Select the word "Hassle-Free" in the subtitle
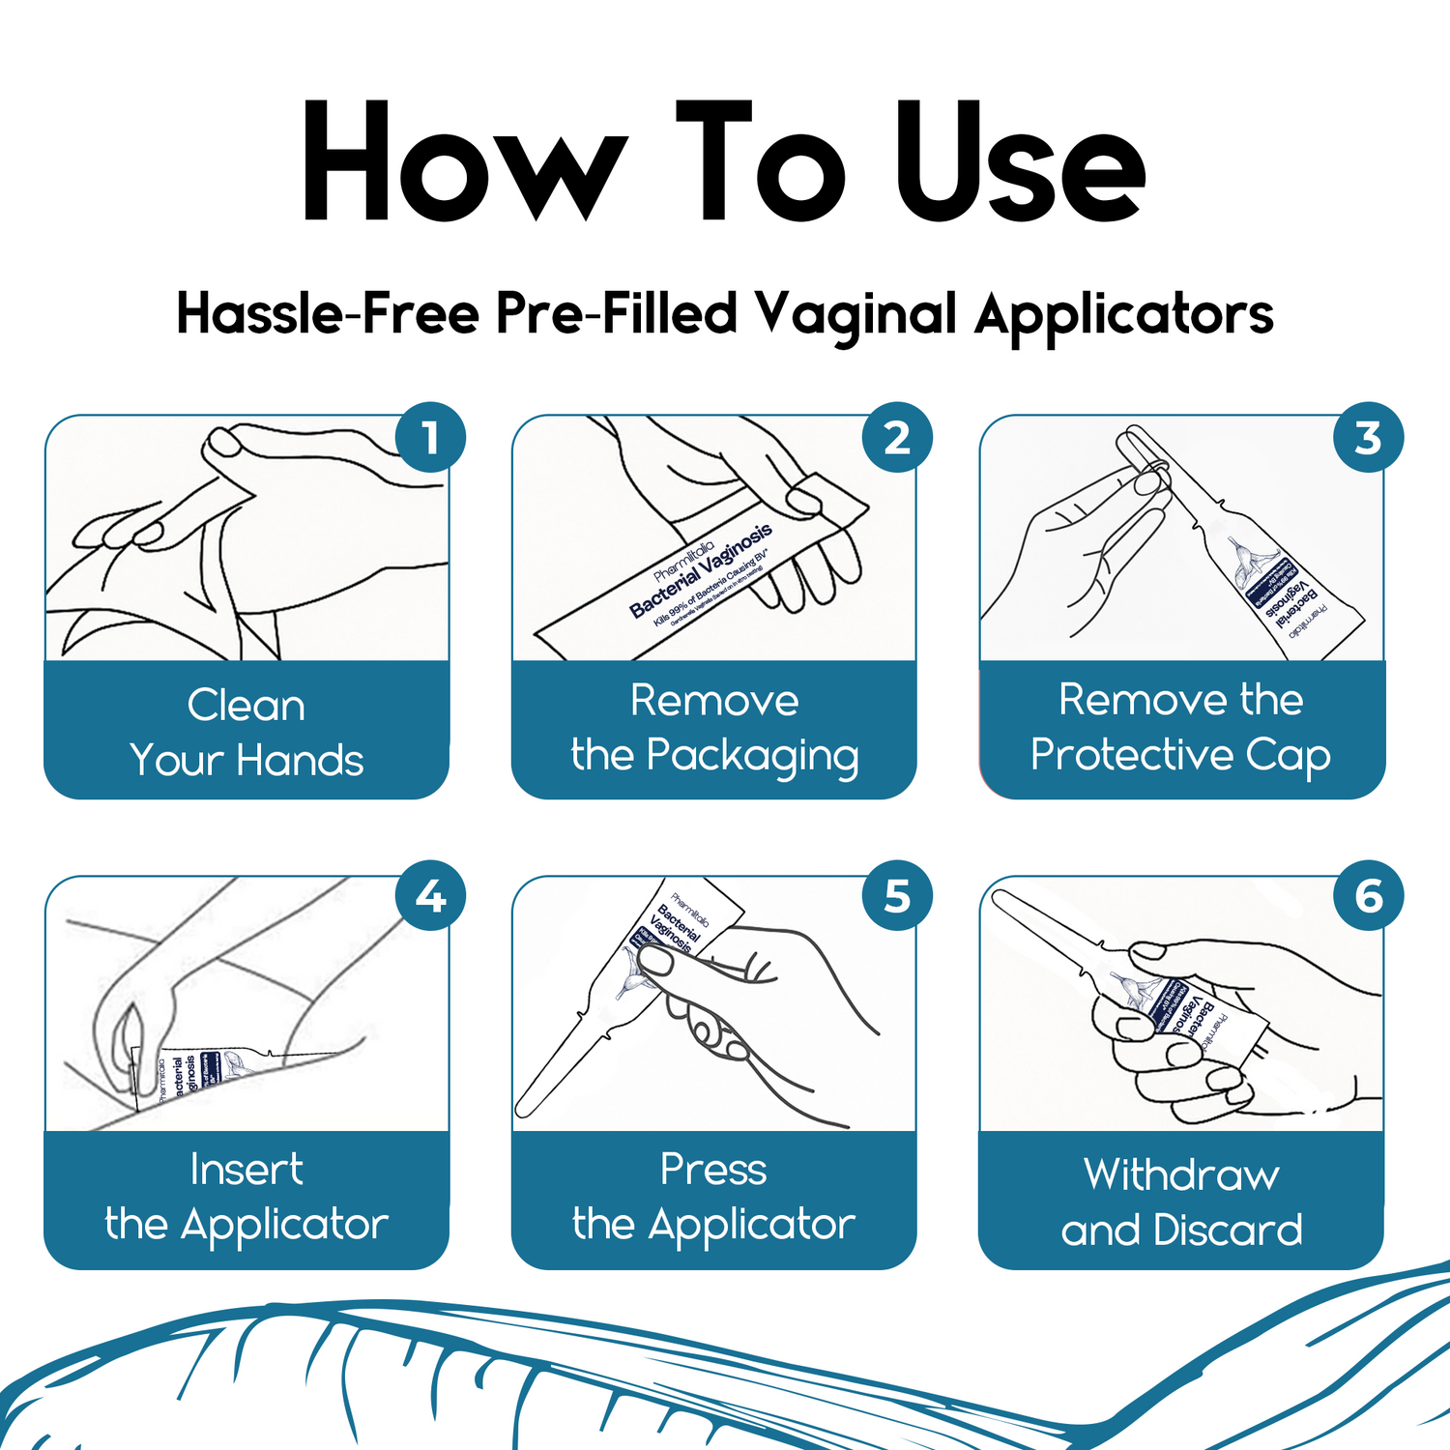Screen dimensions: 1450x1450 (328, 314)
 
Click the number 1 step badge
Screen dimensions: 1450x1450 (430, 438)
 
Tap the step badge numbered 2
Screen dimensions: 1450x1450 (897, 438)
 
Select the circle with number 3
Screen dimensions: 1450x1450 (1367, 438)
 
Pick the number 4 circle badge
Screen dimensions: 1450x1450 (430, 896)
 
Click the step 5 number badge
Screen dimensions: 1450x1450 (897, 896)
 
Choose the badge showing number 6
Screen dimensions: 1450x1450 (1367, 896)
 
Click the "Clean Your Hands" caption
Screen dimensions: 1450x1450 (246, 732)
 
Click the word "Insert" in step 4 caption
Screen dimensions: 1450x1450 (246, 1170)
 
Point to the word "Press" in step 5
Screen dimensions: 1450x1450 (713, 1170)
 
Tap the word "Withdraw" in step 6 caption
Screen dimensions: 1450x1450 (1181, 1175)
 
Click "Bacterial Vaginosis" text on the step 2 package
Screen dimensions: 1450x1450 (701, 570)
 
